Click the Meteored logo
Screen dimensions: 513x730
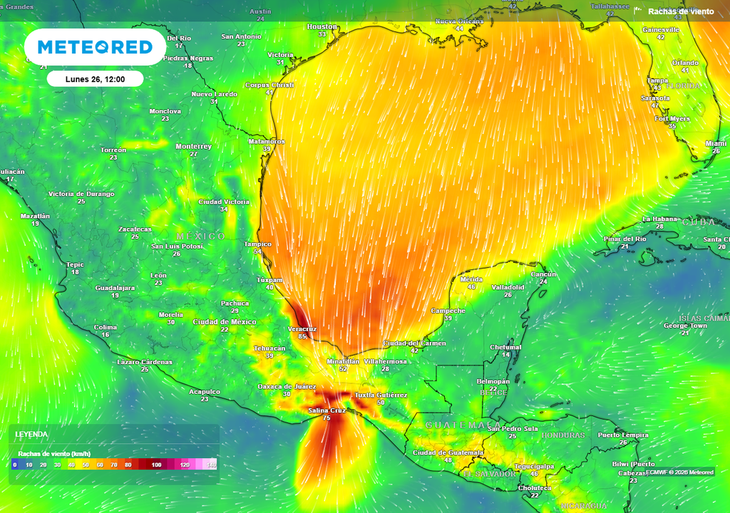[95, 47]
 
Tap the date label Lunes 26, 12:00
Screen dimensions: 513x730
[95, 79]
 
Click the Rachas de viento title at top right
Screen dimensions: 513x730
[680, 11]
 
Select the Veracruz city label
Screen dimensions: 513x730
[302, 328]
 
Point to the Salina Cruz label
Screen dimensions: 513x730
[327, 410]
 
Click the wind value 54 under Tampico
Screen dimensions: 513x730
[257, 252]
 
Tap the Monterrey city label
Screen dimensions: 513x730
[193, 146]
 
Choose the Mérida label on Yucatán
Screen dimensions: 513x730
[471, 279]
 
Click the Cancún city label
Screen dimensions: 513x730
[543, 274]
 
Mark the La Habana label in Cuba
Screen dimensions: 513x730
[659, 219]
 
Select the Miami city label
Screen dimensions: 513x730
[716, 143]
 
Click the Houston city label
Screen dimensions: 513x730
[322, 26]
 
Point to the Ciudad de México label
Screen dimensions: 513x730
[225, 322]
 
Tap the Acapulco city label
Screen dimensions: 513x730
[204, 392]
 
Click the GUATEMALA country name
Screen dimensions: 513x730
[453, 425]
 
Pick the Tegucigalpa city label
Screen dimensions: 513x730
[534, 466]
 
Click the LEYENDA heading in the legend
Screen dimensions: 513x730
[32, 434]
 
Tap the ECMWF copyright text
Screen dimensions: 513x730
[679, 472]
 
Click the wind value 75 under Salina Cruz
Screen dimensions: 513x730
[327, 418]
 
